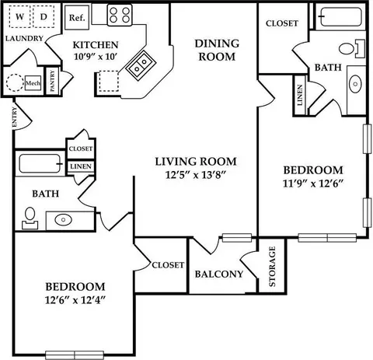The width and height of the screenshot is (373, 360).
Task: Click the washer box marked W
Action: (20, 16)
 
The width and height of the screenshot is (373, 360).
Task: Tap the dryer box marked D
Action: (44, 16)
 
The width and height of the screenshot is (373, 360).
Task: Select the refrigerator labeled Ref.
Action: (77, 18)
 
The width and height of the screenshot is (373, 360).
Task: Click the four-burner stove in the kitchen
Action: (120, 15)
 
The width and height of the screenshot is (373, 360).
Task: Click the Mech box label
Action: (33, 83)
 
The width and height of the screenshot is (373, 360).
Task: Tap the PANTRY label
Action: (53, 81)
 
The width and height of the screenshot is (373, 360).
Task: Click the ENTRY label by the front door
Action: (15, 117)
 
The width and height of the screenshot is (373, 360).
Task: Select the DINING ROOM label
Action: (217, 50)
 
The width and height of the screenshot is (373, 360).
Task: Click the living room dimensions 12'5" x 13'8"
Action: (195, 175)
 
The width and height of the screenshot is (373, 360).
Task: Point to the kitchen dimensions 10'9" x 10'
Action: (96, 56)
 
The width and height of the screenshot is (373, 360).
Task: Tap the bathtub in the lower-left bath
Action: (40, 163)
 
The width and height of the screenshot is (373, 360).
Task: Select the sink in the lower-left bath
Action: (63, 220)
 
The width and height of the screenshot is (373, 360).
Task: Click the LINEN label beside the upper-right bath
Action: (300, 95)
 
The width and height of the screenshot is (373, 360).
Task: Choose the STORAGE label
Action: (272, 267)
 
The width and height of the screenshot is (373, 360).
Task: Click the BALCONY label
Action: (219, 274)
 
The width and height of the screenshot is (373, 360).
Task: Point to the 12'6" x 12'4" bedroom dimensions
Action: (75, 300)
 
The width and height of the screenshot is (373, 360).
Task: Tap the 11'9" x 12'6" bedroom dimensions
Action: (313, 183)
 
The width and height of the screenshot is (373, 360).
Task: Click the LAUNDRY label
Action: (24, 38)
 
